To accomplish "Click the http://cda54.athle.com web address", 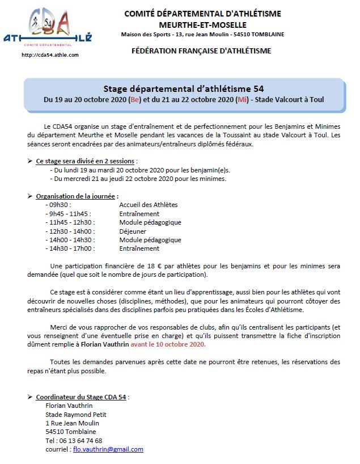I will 50,55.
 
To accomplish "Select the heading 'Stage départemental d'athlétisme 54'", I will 183,88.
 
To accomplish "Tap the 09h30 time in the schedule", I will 59,205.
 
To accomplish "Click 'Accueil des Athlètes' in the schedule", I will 148,205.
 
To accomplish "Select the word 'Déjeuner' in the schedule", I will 133,231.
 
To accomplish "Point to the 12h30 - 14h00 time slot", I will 70,231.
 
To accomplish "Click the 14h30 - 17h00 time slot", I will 70,248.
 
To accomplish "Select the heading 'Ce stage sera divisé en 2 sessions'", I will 86,162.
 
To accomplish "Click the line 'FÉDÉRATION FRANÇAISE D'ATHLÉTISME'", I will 201,51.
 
